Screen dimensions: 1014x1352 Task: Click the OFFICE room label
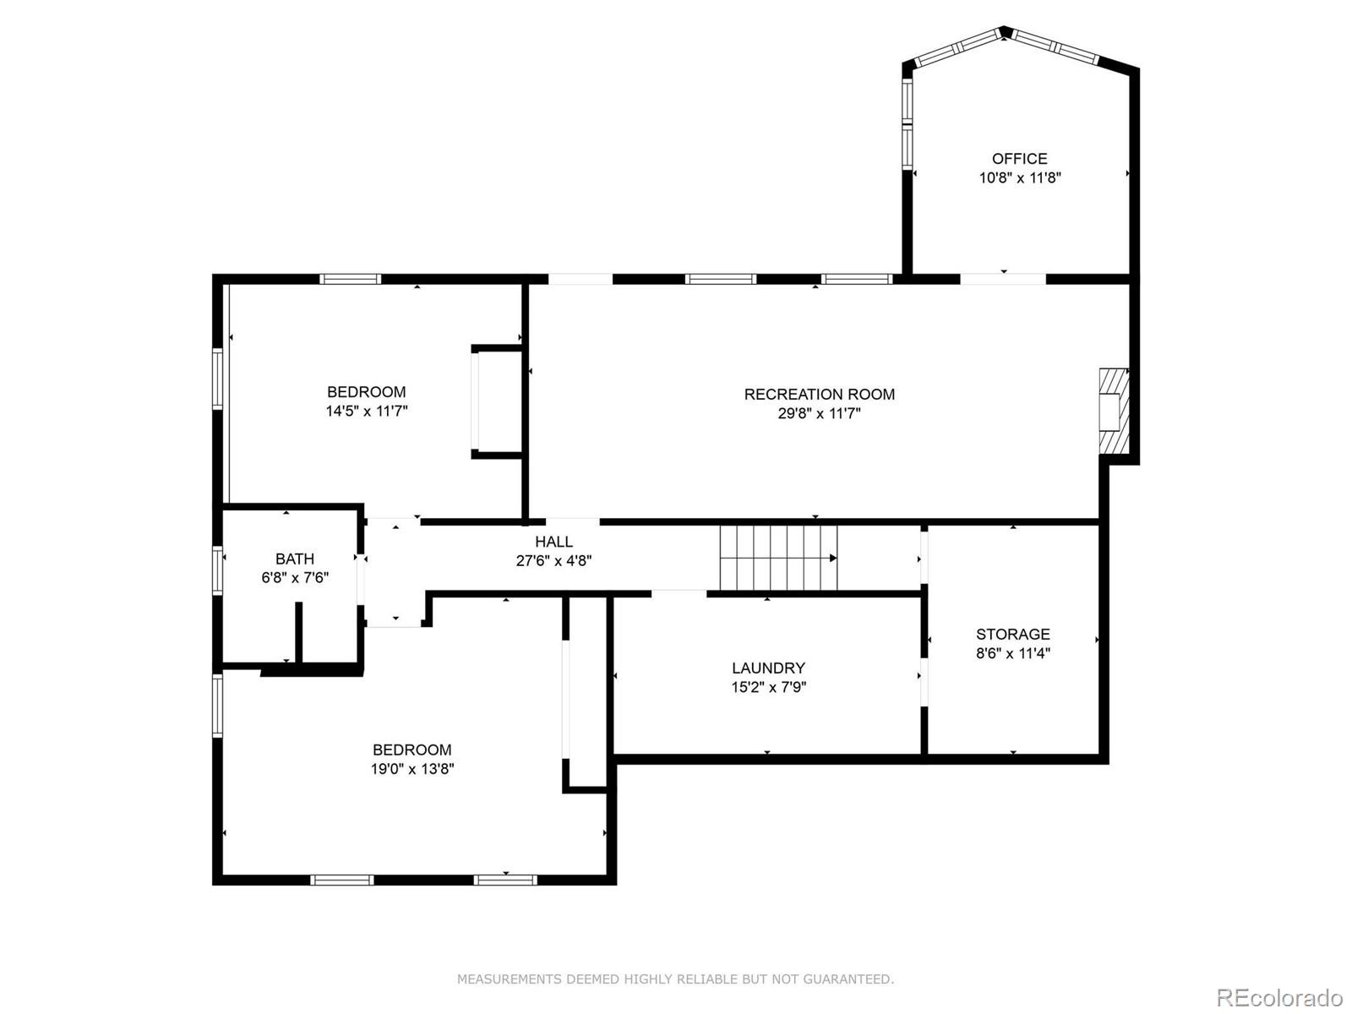tap(1019, 159)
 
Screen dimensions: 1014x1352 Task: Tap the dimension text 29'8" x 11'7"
tap(819, 414)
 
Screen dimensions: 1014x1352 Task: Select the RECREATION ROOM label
tap(819, 394)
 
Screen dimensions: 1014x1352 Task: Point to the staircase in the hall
tap(778, 558)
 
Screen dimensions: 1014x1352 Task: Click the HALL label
tap(553, 542)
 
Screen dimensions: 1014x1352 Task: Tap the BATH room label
tap(294, 559)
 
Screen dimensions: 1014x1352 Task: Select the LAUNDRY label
tap(768, 668)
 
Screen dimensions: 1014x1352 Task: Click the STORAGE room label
tap(1012, 634)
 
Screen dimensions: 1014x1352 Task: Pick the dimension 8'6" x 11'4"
tap(1012, 653)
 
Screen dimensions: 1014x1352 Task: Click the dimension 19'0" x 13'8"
tap(413, 769)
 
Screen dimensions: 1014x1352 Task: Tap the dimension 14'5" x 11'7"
tap(367, 412)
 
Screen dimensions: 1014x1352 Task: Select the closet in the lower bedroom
tap(586, 693)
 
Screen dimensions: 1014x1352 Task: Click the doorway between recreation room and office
tap(1003, 279)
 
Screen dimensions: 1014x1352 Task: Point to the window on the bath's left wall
tap(217, 570)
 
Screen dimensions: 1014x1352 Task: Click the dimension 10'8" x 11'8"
tap(1019, 178)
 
